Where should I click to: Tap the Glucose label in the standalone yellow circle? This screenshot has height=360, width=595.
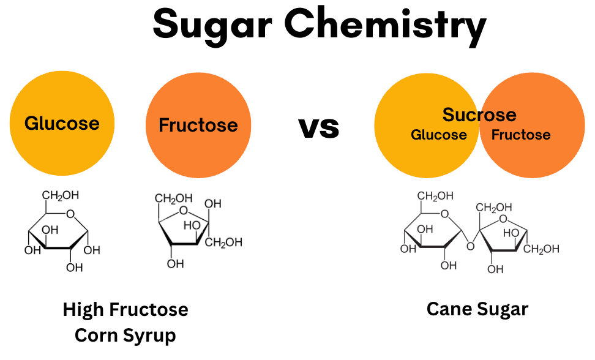coord(62,123)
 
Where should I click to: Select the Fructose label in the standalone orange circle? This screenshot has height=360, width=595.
coord(198,126)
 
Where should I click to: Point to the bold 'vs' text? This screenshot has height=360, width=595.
coord(319,127)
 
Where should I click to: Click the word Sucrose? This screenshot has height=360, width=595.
coord(479,114)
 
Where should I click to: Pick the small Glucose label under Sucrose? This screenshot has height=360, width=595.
coord(438,135)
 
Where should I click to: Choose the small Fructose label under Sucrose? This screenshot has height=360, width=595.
coord(521,135)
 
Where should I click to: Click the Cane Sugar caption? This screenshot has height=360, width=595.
coord(477,309)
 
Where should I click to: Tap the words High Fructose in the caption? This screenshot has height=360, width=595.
coord(125,310)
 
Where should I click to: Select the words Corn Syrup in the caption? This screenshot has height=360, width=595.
coord(125,336)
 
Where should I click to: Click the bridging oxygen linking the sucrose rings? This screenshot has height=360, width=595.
coord(470,247)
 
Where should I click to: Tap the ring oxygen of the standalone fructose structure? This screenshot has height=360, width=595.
coord(184,212)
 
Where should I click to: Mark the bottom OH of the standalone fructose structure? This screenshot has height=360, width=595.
coord(175,264)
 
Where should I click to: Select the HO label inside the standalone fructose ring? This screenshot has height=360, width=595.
coord(192,225)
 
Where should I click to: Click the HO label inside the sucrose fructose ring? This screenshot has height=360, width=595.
coord(511,233)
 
